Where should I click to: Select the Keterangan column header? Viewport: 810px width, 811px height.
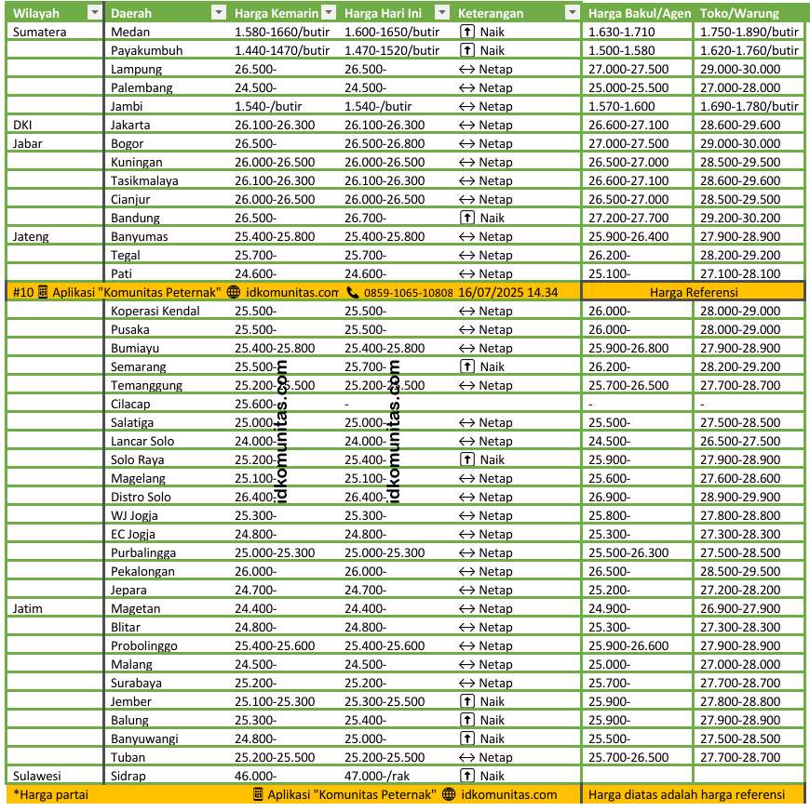pos(490,13)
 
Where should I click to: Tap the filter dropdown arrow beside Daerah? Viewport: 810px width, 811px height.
pos(218,13)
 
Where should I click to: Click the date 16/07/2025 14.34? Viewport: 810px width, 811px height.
pos(507,292)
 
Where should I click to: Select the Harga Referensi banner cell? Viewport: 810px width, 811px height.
pos(694,292)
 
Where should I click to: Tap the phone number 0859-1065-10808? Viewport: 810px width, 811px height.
pos(408,292)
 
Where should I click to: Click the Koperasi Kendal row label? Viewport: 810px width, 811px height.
pos(155,311)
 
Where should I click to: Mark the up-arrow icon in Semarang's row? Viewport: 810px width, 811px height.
pos(467,366)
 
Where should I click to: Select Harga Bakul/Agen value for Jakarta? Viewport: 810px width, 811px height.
pos(628,125)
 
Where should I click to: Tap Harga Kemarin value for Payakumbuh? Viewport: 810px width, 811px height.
pos(282,50)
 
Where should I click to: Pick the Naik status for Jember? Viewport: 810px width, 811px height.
pos(492,701)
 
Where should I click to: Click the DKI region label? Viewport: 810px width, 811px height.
pos(23,125)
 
